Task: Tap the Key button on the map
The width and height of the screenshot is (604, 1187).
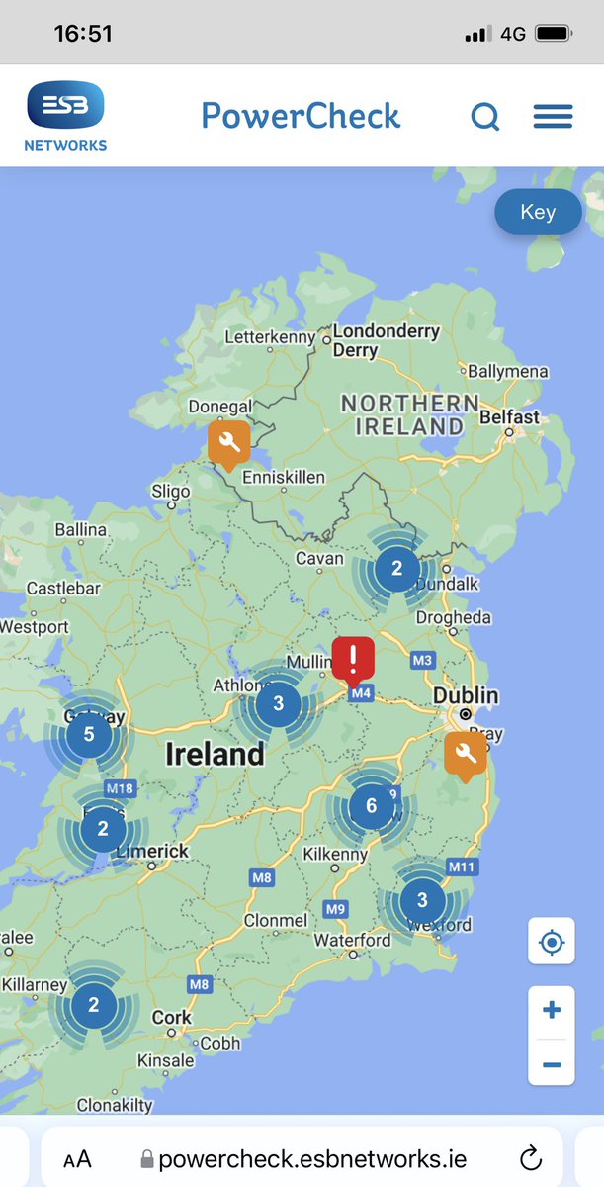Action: [538, 212]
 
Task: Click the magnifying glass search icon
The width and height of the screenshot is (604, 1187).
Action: [484, 117]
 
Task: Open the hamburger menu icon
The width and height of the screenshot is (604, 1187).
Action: [553, 117]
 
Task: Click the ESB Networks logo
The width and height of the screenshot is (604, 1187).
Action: [65, 117]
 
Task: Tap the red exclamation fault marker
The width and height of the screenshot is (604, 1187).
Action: [353, 658]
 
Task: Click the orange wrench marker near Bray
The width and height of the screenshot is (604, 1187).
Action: [466, 754]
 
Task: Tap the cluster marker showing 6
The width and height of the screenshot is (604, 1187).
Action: [372, 805]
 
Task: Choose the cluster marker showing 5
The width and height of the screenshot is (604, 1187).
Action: [89, 734]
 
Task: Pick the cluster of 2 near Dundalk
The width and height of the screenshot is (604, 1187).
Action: [397, 569]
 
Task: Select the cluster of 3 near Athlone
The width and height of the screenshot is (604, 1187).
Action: [278, 704]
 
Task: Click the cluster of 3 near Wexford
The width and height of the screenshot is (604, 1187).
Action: [422, 900]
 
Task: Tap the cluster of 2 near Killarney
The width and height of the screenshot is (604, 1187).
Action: [94, 1005]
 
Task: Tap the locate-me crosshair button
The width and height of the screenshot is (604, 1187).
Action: [552, 942]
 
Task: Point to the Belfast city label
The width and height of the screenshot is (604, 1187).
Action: [510, 416]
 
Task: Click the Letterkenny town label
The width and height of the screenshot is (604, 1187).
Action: [270, 337]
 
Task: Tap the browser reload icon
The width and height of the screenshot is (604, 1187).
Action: [531, 1158]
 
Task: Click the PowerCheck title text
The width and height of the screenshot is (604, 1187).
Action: [301, 116]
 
